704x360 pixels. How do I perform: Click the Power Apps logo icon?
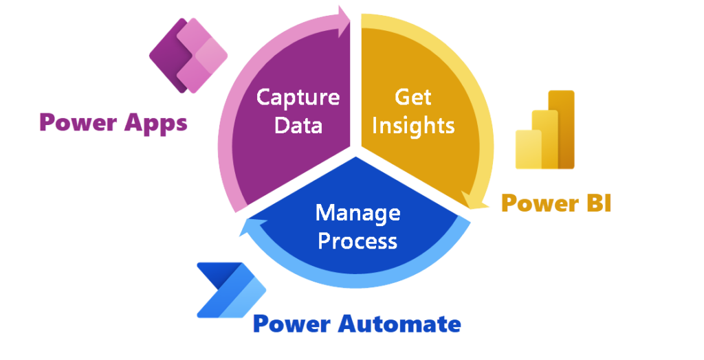(188, 56)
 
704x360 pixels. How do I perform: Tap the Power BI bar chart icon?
(545, 130)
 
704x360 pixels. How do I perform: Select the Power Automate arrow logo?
(230, 291)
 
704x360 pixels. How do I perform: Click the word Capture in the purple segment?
(298, 97)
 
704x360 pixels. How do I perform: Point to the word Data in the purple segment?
(298, 126)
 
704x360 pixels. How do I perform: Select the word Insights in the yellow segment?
(412, 125)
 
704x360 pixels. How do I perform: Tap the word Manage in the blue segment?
(357, 213)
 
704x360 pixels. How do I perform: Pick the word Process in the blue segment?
(357, 241)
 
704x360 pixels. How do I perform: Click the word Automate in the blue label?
(399, 324)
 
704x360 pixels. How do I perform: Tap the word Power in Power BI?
(537, 203)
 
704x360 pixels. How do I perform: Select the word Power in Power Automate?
(291, 324)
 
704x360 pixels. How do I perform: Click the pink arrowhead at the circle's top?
(342, 16)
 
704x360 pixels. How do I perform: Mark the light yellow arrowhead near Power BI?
(474, 200)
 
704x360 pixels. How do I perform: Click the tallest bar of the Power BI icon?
(565, 128)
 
